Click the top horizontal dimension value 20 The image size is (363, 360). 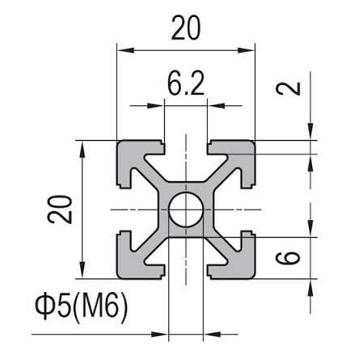(186, 28)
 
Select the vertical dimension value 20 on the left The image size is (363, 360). (60, 210)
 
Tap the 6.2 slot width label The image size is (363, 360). (186, 84)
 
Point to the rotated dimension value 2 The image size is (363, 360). (288, 88)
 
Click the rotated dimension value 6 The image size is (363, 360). (288, 258)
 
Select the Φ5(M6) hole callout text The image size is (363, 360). (81, 307)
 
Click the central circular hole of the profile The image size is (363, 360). (186, 210)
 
